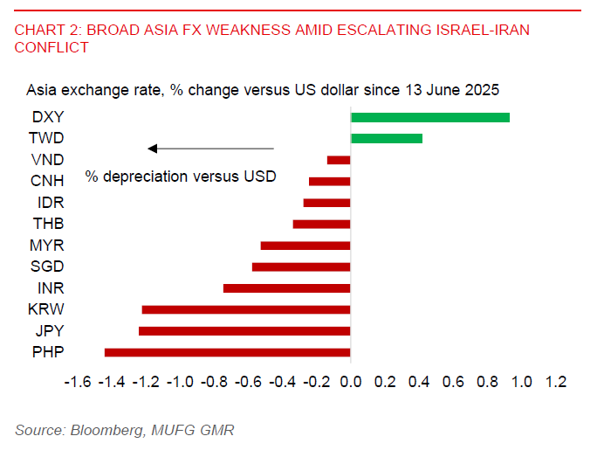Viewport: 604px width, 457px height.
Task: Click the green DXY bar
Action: tap(429, 117)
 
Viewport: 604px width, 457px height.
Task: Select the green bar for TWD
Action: tap(386, 138)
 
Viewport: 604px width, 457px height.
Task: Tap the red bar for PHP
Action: tap(227, 352)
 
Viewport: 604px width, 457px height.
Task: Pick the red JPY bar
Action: tap(244, 331)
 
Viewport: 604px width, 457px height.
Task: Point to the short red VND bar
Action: tap(339, 160)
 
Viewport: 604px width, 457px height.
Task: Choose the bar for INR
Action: tap(286, 288)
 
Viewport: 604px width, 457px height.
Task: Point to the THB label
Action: tap(47, 224)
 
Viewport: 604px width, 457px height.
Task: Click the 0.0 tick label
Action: tap(350, 382)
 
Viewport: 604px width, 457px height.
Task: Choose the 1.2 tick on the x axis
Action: tap(555, 382)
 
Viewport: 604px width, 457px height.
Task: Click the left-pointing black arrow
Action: tap(209, 149)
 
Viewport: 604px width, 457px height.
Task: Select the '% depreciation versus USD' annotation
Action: tap(180, 177)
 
